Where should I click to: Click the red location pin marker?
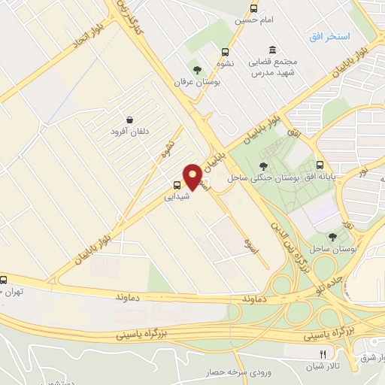point(192,176)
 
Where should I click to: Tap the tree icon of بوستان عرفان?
point(198,70)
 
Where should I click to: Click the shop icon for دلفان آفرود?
point(130,119)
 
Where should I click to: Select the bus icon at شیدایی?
point(177,185)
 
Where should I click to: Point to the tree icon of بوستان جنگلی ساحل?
point(263,166)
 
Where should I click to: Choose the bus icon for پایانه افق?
point(321,165)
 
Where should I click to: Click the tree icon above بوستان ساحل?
point(332,238)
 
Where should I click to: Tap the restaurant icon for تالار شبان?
point(323,354)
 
